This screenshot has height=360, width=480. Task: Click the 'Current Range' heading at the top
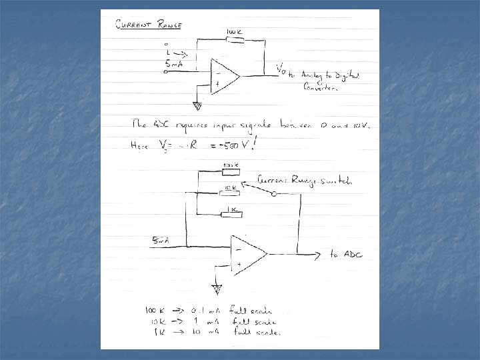[x=149, y=25]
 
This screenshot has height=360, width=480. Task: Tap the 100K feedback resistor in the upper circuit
[x=235, y=40]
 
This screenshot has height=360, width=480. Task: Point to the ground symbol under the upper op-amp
[x=197, y=105]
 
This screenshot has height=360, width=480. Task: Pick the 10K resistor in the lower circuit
[x=231, y=193]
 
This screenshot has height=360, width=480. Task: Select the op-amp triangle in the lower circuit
[x=247, y=253]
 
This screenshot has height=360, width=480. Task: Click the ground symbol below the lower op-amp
[x=216, y=288]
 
